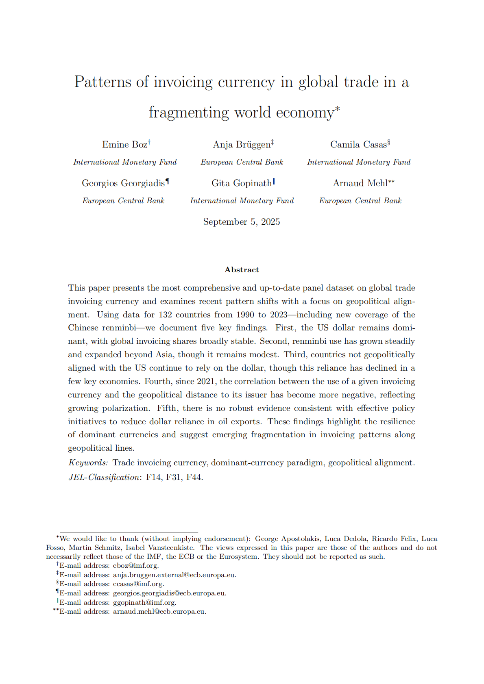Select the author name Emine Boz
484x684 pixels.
pos(124,145)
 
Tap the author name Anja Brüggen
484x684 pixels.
pos(242,145)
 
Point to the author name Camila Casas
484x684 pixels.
pos(358,145)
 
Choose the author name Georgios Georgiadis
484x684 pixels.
pos(123,183)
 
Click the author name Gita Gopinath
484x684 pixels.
pos(242,183)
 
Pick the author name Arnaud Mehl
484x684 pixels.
pos(360,183)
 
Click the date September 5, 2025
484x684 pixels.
pos(242,222)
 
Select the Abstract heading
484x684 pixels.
pos(242,270)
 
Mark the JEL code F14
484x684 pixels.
pos(154,477)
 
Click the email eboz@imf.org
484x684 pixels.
pos(136,565)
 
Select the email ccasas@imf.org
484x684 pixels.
pos(138,584)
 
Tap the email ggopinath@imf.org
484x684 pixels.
pos(144,602)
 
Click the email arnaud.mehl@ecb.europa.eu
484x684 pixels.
pos(159,612)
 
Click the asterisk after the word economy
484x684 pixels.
pos(337,109)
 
